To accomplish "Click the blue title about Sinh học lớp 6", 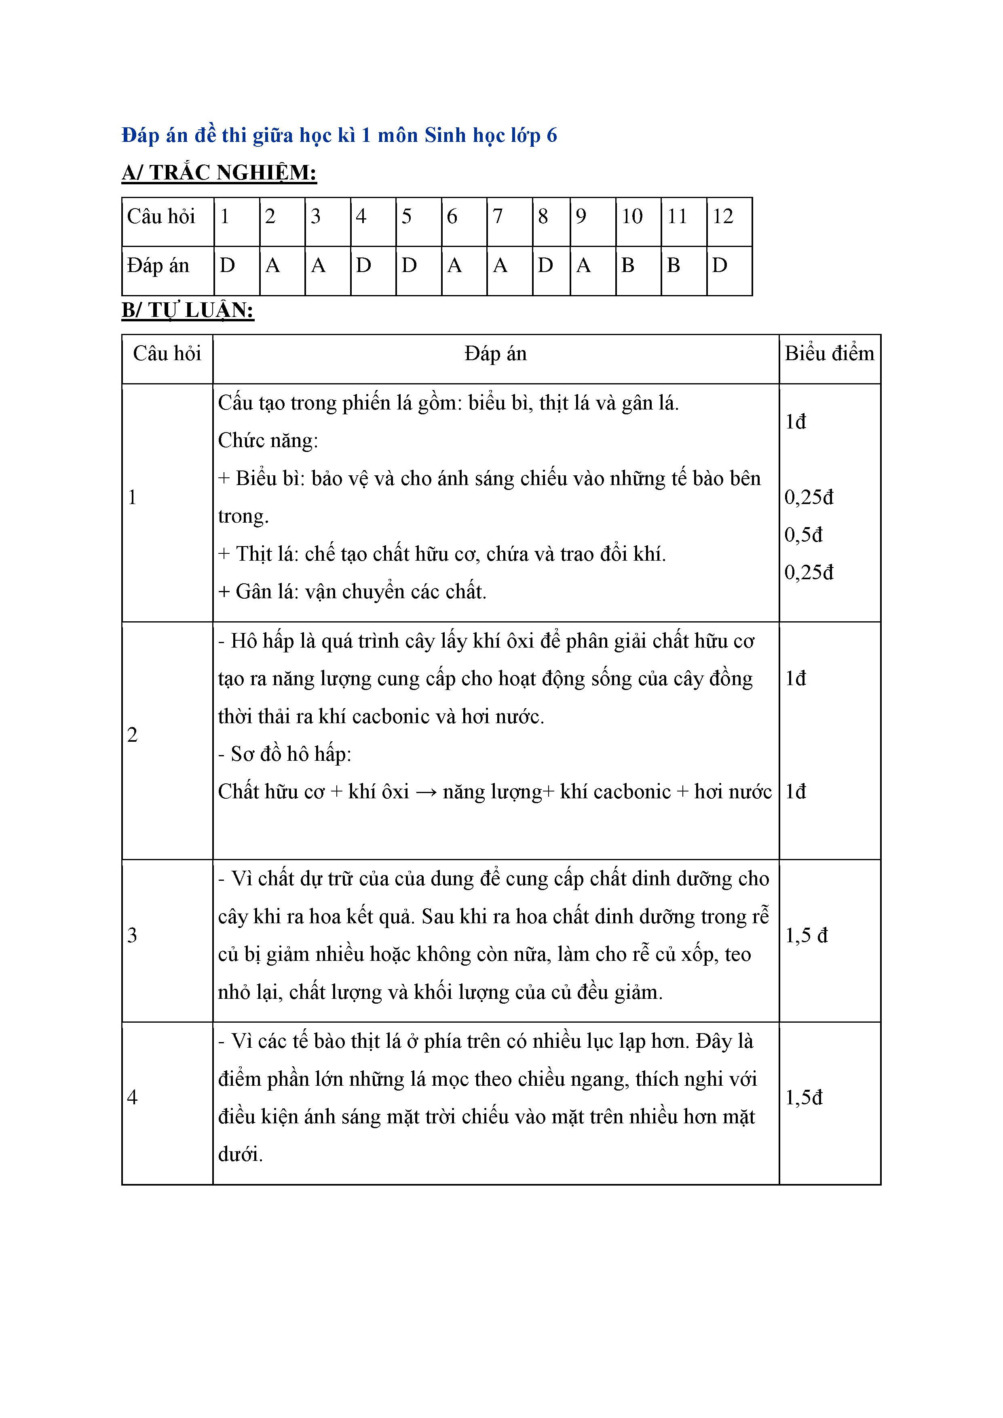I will tap(339, 135).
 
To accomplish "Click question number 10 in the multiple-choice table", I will tap(632, 216).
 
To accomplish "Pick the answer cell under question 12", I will tap(720, 266).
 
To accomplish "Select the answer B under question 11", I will tap(674, 266).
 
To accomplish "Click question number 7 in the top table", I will tap(498, 216).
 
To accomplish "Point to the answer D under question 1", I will tap(227, 266).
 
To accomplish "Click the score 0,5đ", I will tap(804, 535).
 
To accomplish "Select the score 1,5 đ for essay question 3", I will tap(806, 936).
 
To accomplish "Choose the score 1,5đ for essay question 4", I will tap(804, 1097).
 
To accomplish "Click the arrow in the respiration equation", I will tap(426, 792).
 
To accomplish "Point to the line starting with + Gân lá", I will tap(352, 592).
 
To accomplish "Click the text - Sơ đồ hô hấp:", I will tap(285, 754).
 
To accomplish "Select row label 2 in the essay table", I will tap(132, 735).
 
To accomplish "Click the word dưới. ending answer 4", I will tap(240, 1154).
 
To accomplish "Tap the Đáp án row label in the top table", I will tap(158, 266).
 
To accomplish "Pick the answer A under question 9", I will tap(583, 266).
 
